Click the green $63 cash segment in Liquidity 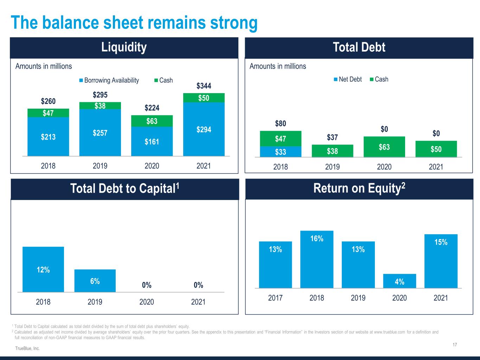point(152,121)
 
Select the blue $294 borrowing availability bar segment point(204,129)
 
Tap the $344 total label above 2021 point(204,86)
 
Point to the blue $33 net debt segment point(281,152)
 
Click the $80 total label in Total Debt point(281,123)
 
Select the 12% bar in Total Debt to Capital point(43,270)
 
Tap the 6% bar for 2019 point(95,281)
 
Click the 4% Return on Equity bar point(399,281)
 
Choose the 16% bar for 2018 point(317,259)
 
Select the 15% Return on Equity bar point(441,261)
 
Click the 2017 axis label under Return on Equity point(275,298)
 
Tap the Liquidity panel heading point(124,47)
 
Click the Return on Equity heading point(359,188)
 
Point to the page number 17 point(455,345)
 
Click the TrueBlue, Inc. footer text point(27,348)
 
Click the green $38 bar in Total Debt point(332,151)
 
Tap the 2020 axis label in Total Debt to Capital point(147,302)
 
